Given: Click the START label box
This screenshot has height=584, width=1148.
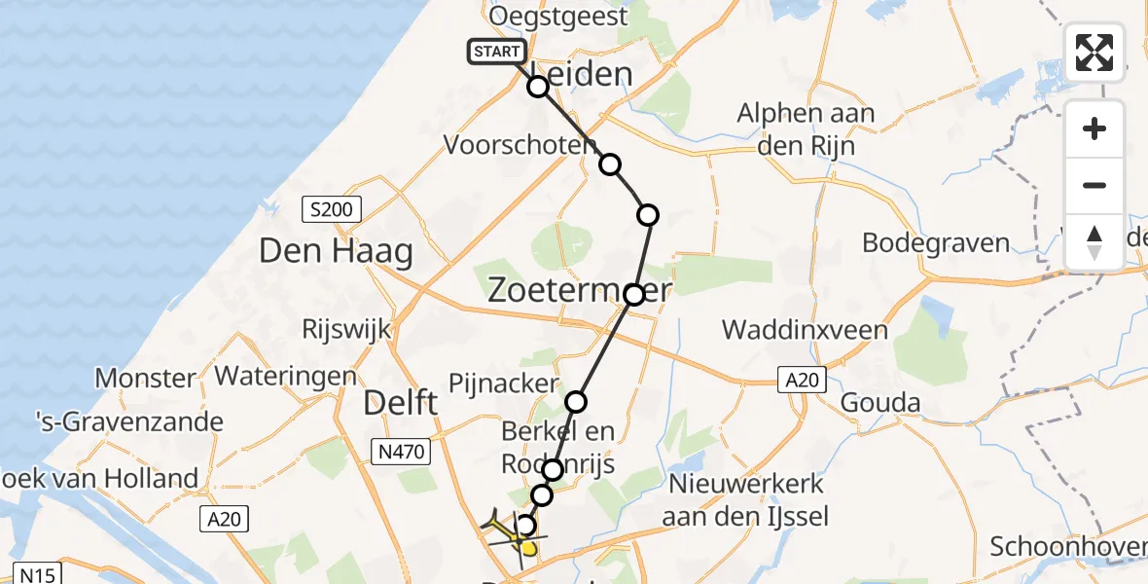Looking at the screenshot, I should point(497,52).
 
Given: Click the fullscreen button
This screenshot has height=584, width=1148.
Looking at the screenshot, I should point(1094,52).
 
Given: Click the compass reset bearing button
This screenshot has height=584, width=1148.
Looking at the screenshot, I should point(1094,242).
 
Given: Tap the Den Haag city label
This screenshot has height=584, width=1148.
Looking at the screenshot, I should point(335,252).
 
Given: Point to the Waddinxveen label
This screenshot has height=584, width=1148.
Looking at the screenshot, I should point(805,330).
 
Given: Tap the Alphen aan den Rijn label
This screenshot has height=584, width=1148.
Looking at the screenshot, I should point(806,129).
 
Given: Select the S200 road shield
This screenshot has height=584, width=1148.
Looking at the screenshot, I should point(332,208).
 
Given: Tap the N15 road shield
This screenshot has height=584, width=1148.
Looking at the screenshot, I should point(33,573).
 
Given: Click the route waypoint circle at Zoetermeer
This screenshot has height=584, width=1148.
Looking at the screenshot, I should point(633,294).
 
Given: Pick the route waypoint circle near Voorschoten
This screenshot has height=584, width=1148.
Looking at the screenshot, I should point(610,164).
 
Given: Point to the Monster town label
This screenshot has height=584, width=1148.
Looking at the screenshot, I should point(145,378).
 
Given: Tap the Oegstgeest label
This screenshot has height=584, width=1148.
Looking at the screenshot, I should point(558,17).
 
